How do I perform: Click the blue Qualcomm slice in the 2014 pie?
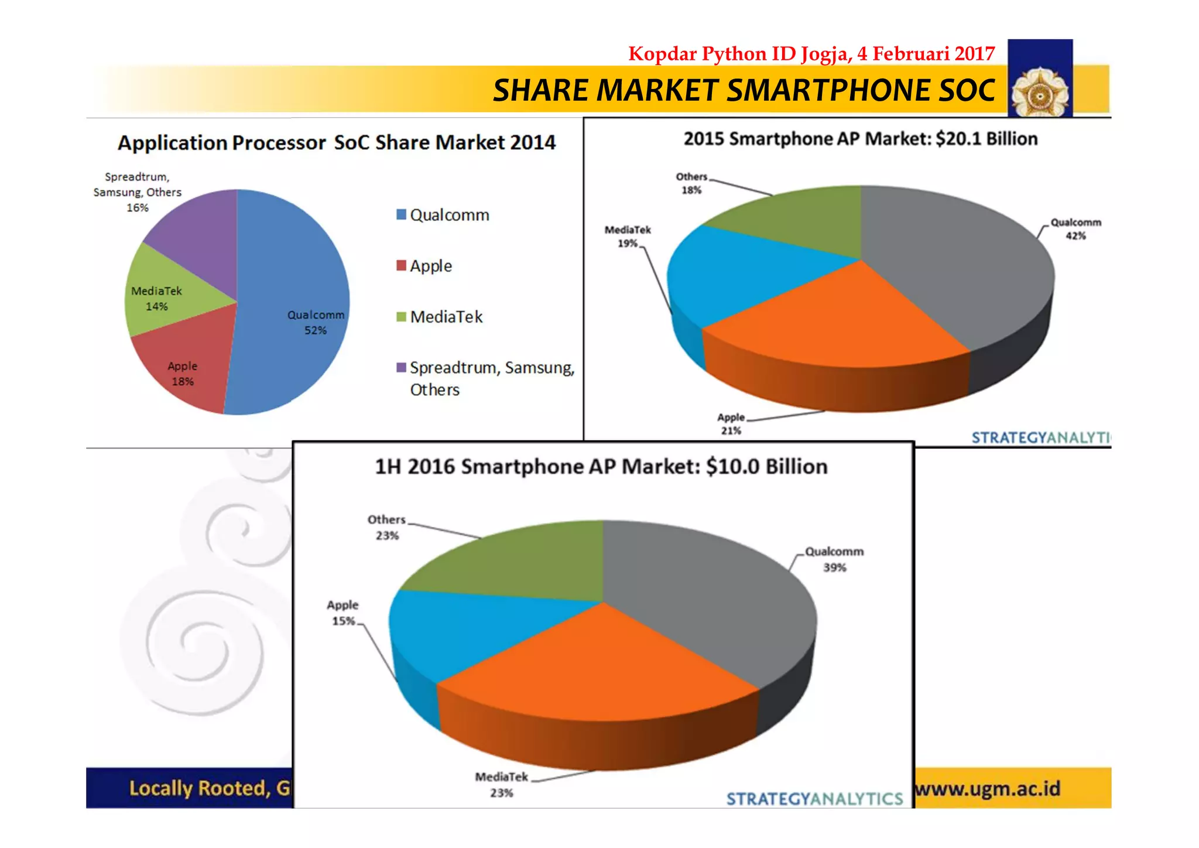point(293,281)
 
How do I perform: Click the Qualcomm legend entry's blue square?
point(401,214)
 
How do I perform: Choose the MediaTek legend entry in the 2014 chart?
point(446,317)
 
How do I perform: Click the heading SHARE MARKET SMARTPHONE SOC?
point(744,90)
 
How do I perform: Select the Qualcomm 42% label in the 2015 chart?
point(1075,229)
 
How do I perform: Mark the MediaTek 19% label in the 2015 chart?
point(627,237)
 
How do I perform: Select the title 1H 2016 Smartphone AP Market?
point(601,467)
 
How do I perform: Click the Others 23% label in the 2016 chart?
point(386,527)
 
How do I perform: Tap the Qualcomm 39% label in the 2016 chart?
point(834,559)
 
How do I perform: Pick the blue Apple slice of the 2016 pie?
point(468,632)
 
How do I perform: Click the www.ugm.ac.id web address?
point(988,789)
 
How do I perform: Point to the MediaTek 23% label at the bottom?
point(501,785)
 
